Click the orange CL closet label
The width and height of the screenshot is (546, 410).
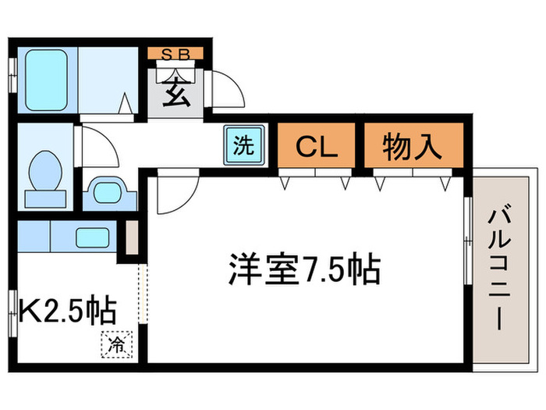317,147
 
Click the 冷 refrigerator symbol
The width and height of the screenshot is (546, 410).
116,344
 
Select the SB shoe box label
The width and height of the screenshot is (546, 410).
175,54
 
